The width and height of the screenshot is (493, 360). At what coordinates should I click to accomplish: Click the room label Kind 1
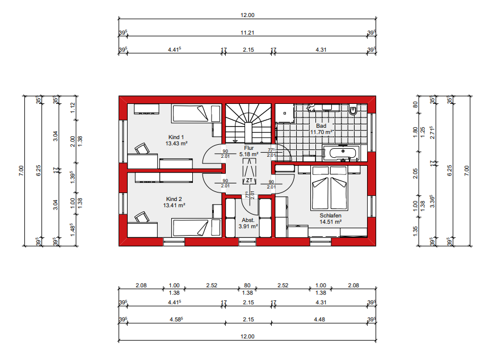tap(176, 137)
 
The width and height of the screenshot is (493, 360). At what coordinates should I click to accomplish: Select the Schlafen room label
tap(330, 215)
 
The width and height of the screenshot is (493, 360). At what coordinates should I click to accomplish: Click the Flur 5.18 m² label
tap(248, 150)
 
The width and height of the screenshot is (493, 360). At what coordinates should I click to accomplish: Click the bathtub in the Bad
tap(340, 152)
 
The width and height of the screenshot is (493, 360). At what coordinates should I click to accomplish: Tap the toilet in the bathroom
tap(353, 110)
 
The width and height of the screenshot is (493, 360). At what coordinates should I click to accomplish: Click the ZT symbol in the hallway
tap(248, 180)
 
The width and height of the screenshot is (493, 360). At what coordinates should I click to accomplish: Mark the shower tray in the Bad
tap(286, 114)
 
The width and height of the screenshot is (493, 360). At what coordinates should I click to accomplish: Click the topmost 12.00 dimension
tap(248, 15)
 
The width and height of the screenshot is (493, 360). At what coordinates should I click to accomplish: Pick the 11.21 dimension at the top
tap(248, 33)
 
